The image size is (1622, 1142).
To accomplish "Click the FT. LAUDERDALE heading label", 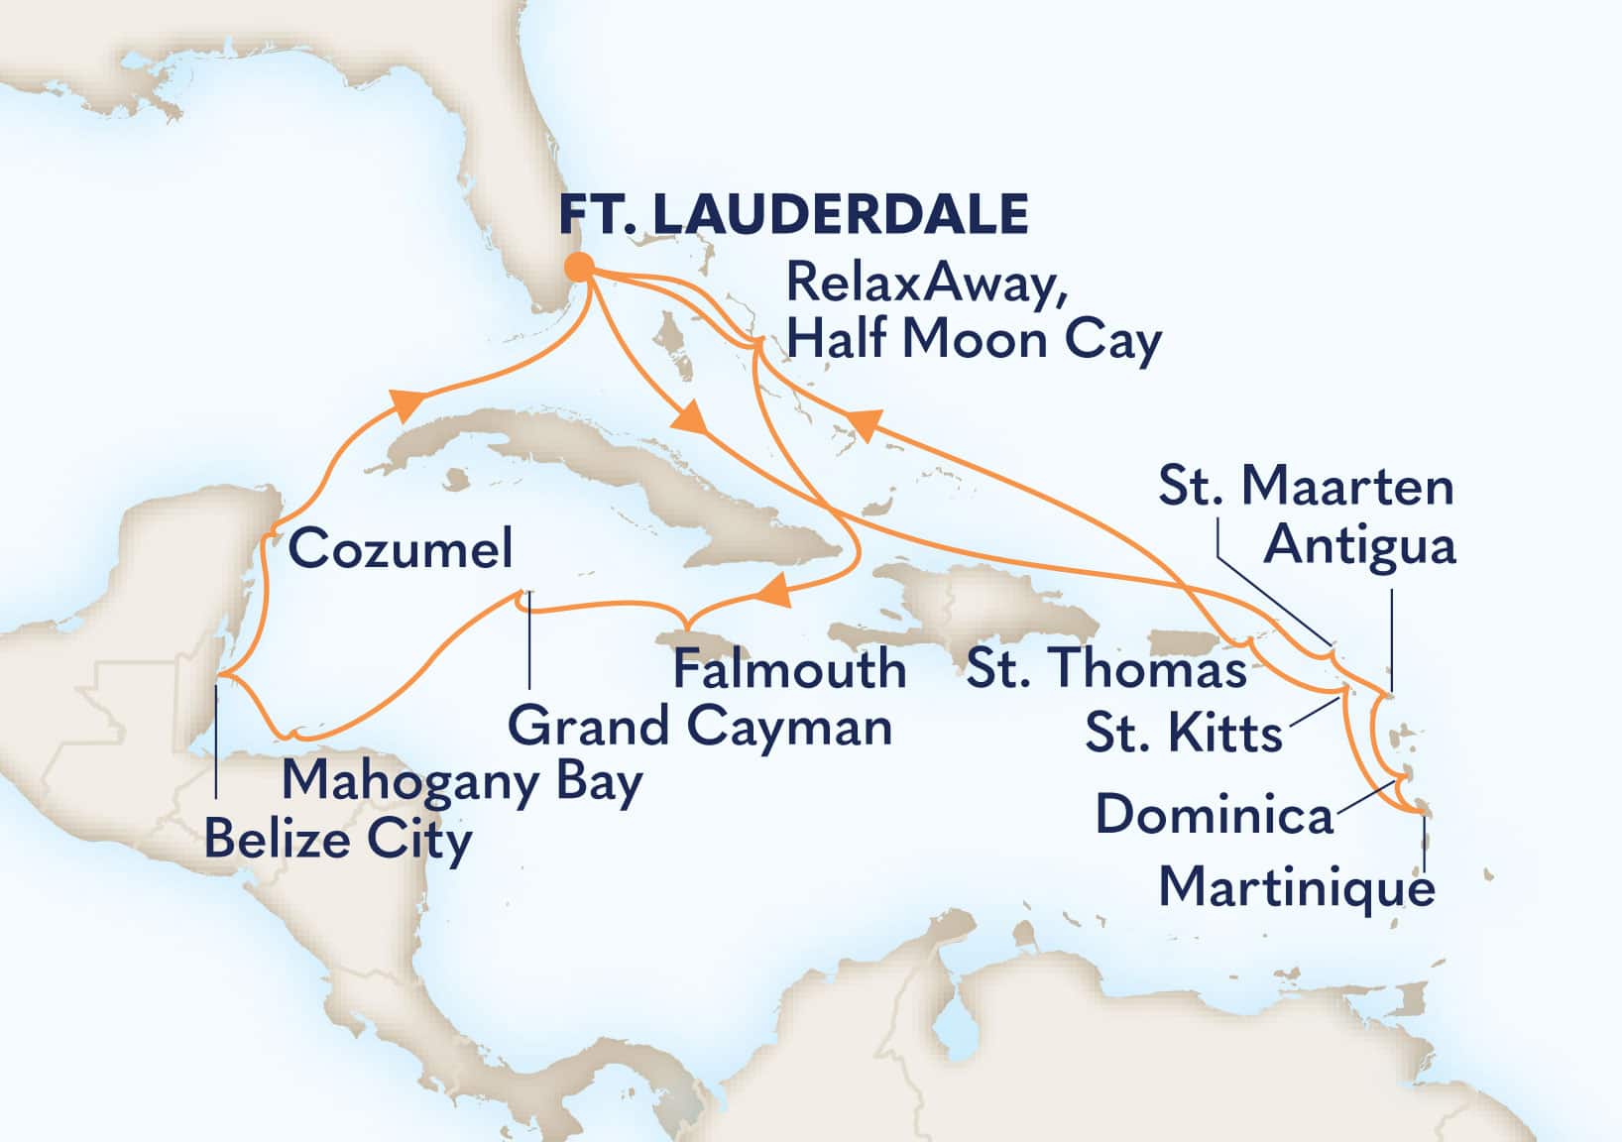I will coord(793,213).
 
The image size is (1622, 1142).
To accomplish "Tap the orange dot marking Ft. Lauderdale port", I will coord(579,267).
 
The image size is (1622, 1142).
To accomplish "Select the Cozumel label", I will coord(401,548).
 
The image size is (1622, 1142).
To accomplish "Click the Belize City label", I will coord(338,840).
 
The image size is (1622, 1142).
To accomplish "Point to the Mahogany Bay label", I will coord(462,782).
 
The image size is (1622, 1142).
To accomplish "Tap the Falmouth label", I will coord(789,669).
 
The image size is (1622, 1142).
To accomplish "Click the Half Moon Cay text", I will coord(973,340).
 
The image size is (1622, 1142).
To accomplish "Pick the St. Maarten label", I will coord(1306,487).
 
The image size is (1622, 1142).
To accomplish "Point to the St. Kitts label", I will coord(1184,734).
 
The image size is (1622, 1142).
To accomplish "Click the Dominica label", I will coord(1214,815).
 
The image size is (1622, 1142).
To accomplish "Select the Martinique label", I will coord(1297,885).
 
